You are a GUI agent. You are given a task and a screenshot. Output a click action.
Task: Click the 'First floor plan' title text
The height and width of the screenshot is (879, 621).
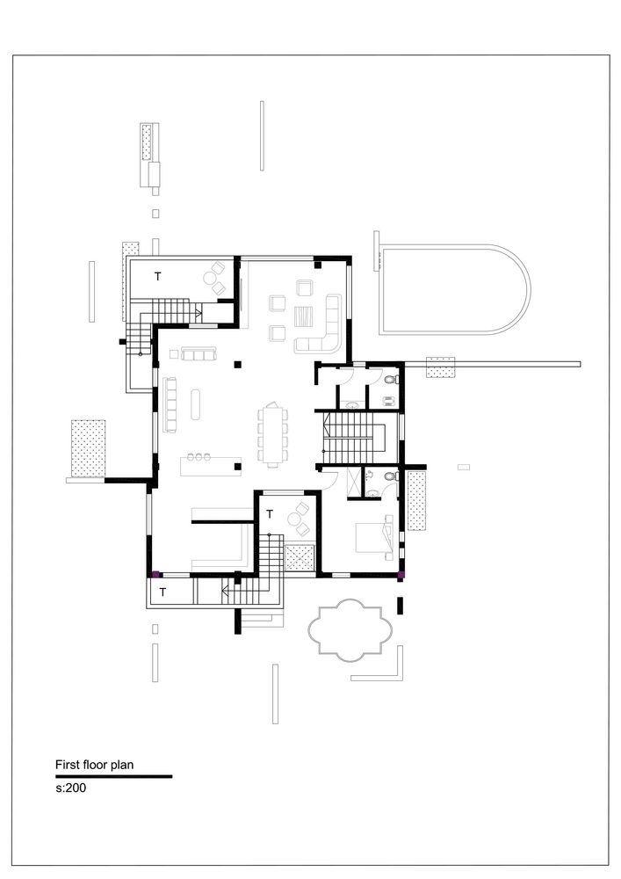tap(94, 764)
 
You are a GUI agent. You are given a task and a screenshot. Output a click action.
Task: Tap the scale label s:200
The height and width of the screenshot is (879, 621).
tap(70, 788)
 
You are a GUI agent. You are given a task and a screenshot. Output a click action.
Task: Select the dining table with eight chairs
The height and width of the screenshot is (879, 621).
tap(271, 434)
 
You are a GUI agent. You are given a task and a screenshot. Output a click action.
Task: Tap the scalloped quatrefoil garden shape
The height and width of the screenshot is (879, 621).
tap(348, 629)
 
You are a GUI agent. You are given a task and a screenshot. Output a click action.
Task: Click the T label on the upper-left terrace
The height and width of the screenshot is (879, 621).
tap(158, 276)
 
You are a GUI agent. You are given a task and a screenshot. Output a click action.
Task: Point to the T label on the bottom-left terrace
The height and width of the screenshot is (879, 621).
tap(162, 592)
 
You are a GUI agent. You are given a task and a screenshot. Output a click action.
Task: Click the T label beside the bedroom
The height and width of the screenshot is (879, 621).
tap(269, 513)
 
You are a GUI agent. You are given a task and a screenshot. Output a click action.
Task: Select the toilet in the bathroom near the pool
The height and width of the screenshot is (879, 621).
tap(392, 380)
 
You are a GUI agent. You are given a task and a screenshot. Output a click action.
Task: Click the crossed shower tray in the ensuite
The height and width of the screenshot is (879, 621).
tap(355, 483)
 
